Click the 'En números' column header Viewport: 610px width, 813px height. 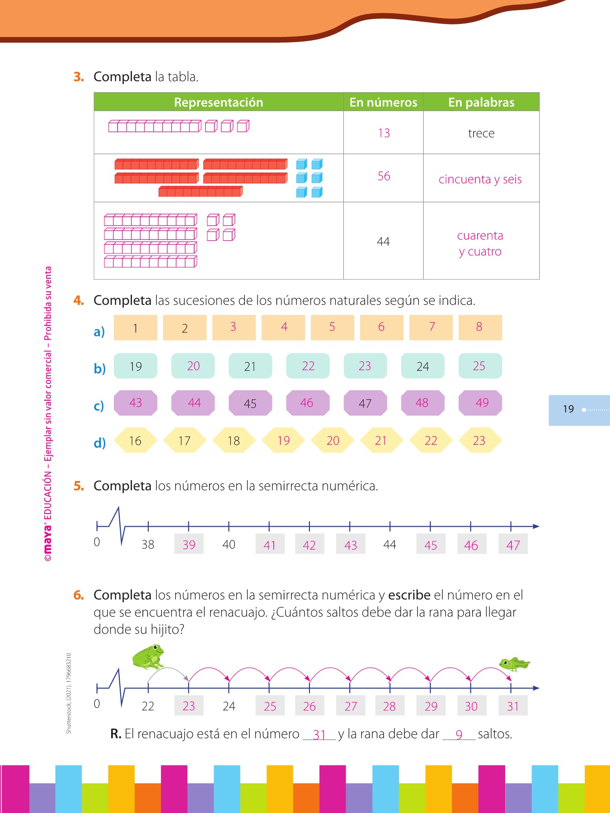383,102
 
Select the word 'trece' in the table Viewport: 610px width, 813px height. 481,133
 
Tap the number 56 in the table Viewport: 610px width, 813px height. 384,176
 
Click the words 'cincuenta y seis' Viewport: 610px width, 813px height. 480,179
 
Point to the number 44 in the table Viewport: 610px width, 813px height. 383,242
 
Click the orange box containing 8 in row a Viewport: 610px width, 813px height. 480,327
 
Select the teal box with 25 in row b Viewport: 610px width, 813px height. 480,366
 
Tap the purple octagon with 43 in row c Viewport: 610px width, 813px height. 136,403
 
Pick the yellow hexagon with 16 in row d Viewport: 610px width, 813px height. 135,440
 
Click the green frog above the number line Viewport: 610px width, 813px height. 148,657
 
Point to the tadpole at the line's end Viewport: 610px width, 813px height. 514,664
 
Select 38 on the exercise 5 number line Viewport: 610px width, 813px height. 148,544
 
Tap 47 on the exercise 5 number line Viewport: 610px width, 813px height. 513,545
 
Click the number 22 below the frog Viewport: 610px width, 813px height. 148,706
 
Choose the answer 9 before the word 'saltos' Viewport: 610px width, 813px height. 459,734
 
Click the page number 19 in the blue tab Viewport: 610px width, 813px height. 568,409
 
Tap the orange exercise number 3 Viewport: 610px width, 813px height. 79,77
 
